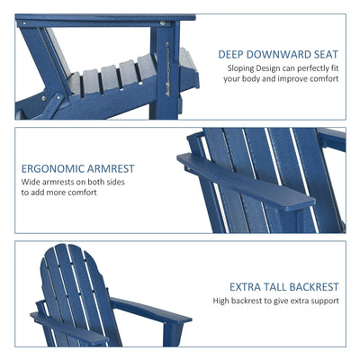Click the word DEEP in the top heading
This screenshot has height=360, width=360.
tap(233, 54)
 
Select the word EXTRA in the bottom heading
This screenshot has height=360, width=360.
tap(246, 287)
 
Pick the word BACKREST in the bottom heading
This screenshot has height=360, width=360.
tap(316, 287)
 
